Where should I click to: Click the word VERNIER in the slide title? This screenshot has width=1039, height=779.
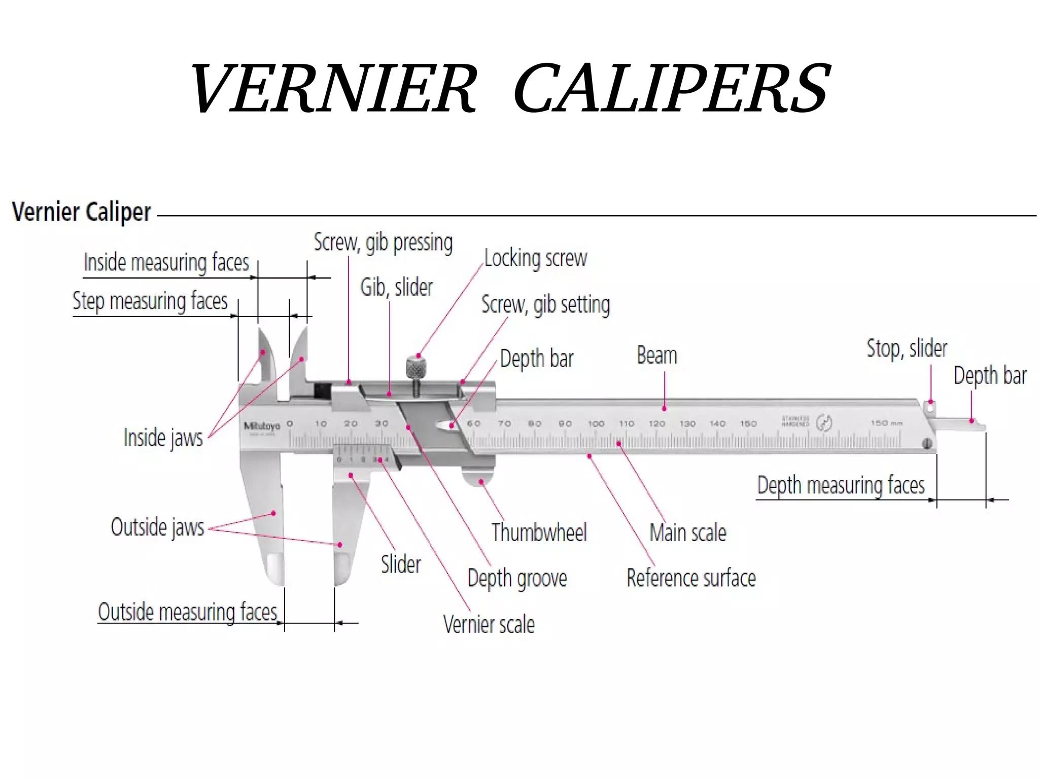[333, 88]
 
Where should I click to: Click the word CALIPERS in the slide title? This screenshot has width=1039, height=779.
[672, 88]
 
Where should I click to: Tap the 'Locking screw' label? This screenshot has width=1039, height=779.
[535, 258]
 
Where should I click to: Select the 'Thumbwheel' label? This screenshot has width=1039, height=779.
[539, 533]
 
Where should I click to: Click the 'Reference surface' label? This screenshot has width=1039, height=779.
[691, 578]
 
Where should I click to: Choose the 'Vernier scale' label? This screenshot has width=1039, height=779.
[489, 624]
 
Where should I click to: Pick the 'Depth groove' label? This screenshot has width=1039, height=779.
[517, 578]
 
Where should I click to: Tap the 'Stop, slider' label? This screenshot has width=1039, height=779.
[907, 349]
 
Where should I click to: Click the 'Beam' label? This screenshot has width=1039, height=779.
[656, 356]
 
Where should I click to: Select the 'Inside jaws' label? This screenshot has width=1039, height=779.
[163, 438]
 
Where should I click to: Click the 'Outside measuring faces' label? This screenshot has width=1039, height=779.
[187, 612]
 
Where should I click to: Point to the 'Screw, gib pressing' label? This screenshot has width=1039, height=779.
[383, 242]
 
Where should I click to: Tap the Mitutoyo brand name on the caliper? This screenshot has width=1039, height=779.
[262, 426]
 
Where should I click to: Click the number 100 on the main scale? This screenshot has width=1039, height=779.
[596, 423]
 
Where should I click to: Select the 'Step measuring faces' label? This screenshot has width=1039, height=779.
[150, 301]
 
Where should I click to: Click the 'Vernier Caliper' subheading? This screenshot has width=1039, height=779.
[81, 212]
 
